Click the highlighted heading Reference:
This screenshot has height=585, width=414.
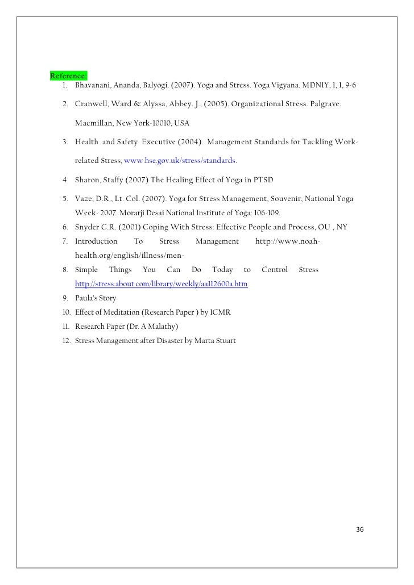point(68,76)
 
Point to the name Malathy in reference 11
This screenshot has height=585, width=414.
point(162,327)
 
